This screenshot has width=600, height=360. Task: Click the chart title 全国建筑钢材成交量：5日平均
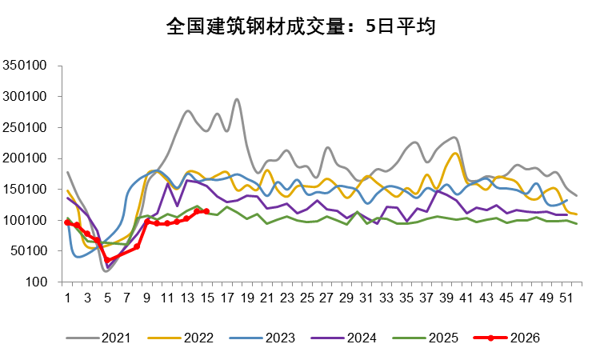(299, 26)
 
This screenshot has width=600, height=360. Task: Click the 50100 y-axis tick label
(30, 251)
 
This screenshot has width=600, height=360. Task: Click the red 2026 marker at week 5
(107, 261)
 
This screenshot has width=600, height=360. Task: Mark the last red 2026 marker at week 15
(206, 211)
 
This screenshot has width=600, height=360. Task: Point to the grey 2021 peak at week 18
(237, 100)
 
